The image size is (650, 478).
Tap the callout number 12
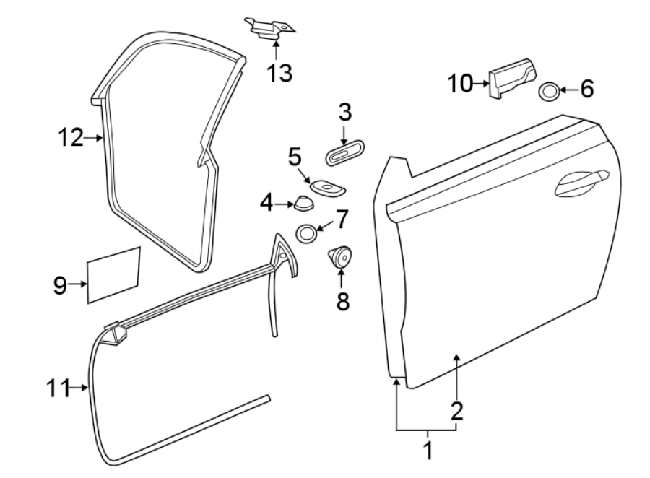point(71,136)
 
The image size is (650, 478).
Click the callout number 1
point(427,451)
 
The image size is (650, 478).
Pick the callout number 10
point(459,84)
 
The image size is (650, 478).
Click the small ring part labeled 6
point(549,91)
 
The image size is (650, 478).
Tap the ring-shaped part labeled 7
point(305,234)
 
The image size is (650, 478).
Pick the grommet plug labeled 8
point(341,256)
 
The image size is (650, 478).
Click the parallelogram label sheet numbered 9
point(113,274)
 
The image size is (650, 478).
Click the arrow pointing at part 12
point(94,136)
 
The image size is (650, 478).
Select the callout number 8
point(342,301)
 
